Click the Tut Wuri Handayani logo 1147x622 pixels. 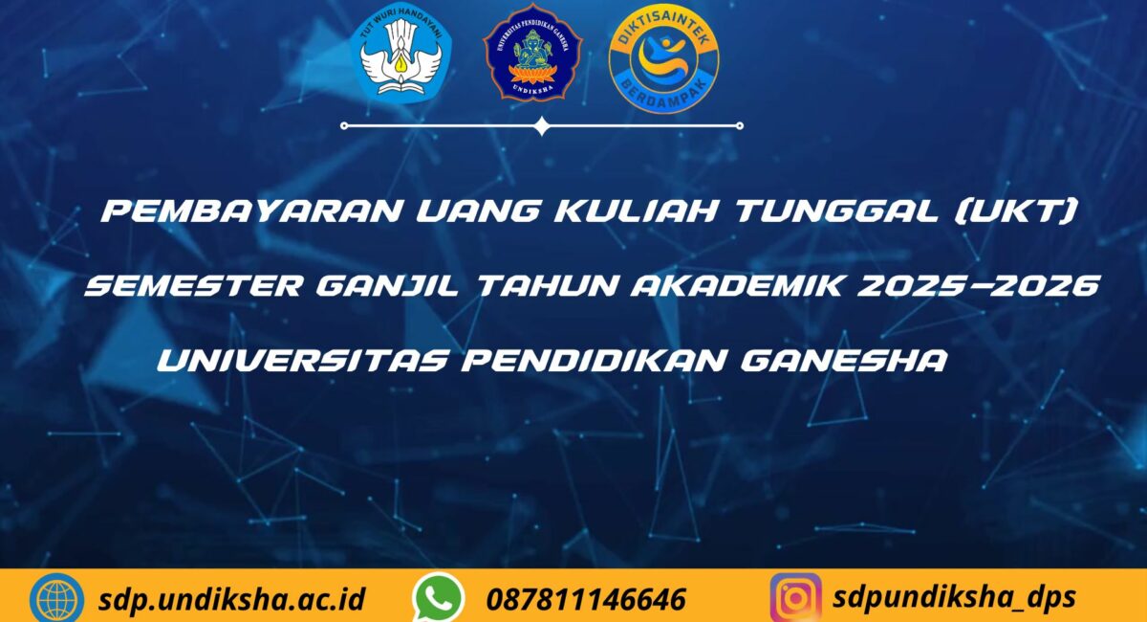[400, 54]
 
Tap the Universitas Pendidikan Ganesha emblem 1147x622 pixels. [532, 53]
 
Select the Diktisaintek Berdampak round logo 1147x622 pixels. [663, 58]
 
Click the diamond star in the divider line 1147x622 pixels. [542, 125]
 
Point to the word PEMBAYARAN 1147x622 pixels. [250, 211]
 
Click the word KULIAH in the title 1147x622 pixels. [636, 211]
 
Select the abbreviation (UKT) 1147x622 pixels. [1016, 211]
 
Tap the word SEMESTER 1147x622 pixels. [194, 285]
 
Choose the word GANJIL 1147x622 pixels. [388, 286]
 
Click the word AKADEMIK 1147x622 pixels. [737, 285]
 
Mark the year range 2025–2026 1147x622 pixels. [979, 285]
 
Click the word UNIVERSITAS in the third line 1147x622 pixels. [303, 360]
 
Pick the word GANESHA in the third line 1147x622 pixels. [844, 360]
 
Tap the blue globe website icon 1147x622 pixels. [56, 598]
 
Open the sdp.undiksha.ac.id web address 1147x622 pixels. [231, 599]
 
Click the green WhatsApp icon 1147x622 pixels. [438, 598]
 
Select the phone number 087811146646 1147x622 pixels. [586, 599]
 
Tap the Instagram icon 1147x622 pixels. [795, 598]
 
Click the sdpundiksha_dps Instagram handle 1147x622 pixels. [955, 598]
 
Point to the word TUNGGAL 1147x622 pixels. [836, 211]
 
